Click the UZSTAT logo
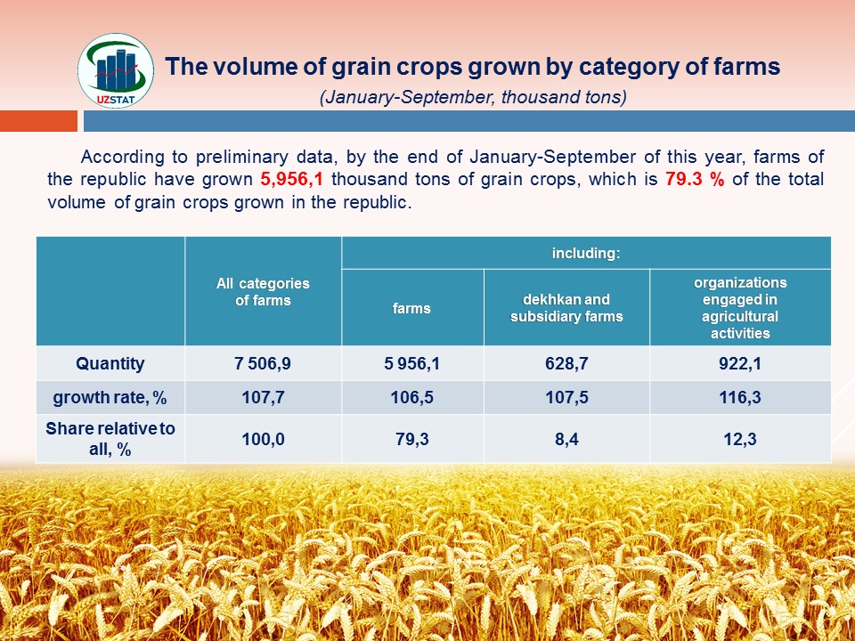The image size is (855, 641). [x=116, y=71]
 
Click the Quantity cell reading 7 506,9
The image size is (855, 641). [x=263, y=363]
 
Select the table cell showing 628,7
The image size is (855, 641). [x=566, y=363]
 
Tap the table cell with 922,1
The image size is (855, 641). [x=740, y=363]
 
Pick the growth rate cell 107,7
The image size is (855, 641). [x=263, y=397]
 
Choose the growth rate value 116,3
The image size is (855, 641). [x=740, y=397]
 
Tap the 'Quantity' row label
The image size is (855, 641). [x=110, y=363]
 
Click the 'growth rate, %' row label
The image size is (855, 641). [x=110, y=397]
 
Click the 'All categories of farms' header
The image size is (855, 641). [x=263, y=291]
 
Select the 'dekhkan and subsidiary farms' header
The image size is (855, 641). [x=566, y=308]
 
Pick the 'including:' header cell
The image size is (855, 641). [x=586, y=253]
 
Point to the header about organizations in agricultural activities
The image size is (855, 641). [x=740, y=308]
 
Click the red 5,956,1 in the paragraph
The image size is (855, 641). [x=292, y=180]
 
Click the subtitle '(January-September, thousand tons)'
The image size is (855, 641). [x=473, y=97]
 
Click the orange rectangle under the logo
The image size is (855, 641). [x=38, y=121]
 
